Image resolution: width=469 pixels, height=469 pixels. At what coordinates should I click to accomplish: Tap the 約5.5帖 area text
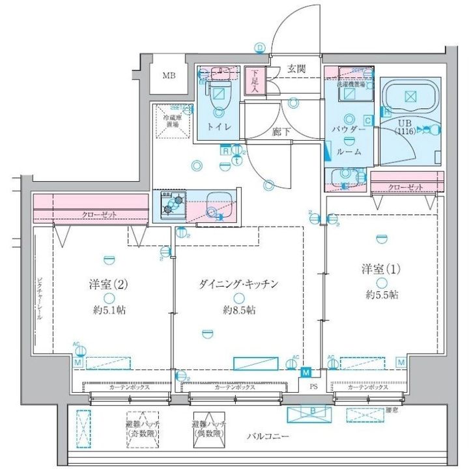[381, 294]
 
